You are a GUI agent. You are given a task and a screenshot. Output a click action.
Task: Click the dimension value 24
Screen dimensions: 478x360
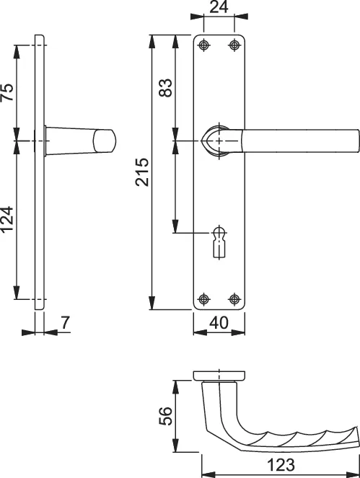219,8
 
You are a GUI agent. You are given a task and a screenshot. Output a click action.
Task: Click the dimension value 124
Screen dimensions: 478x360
7,220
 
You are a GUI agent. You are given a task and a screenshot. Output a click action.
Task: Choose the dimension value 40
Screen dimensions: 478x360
219,323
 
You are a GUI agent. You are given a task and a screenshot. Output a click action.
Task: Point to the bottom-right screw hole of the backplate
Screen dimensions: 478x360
234,298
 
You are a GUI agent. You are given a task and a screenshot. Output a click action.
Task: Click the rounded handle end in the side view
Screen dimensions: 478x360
107,140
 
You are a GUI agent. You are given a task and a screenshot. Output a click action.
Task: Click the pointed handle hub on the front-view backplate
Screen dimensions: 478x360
217,140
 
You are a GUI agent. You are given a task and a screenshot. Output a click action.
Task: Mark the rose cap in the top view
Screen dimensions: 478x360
219,374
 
